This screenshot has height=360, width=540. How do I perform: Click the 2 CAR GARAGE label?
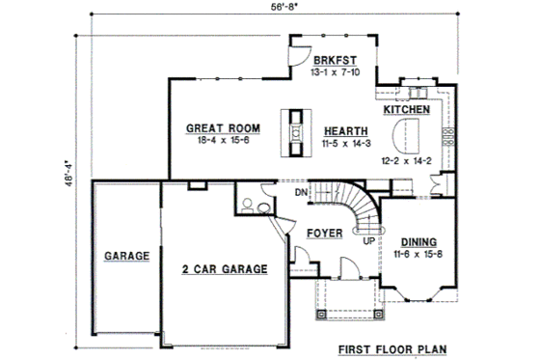coord(224,270)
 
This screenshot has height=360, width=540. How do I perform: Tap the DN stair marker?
coord(302,192)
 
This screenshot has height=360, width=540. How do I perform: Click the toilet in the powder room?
coord(247,205)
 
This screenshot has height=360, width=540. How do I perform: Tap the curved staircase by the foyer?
coord(356,208)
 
